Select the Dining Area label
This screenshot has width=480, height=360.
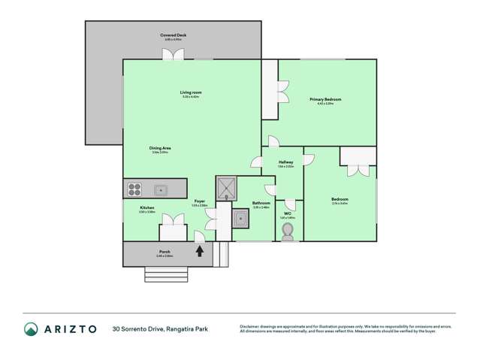(x=160, y=149)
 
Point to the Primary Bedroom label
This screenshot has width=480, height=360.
(x=326, y=100)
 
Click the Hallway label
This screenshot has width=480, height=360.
(x=285, y=162)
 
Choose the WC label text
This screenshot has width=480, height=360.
(x=287, y=213)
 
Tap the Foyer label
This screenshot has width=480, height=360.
(x=199, y=201)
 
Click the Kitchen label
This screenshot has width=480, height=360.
(x=146, y=207)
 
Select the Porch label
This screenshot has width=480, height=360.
(x=164, y=251)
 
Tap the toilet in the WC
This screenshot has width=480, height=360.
(x=288, y=231)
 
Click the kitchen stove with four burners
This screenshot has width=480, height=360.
(x=134, y=189)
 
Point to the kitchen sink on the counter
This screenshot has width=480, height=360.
(x=160, y=189)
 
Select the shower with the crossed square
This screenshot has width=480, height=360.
(x=226, y=187)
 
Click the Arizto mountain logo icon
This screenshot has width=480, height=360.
(x=32, y=328)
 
